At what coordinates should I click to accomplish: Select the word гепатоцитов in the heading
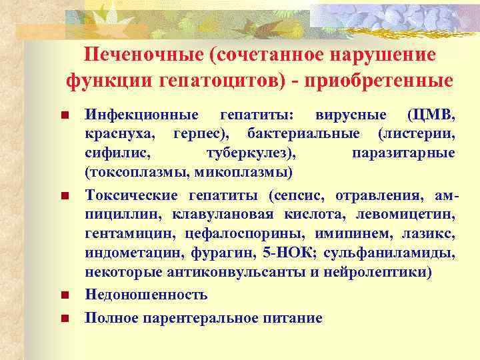tap(211, 81)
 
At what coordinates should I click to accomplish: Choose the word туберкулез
tap(249, 153)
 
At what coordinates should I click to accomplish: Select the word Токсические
tap(131, 196)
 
